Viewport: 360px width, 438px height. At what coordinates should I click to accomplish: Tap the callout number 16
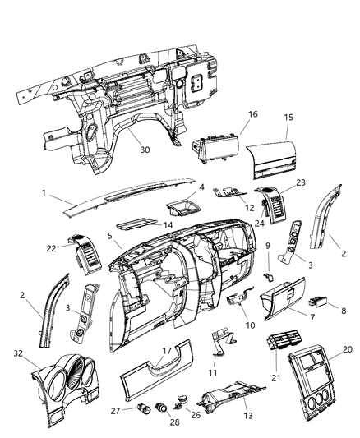pyautogui.click(x=253, y=115)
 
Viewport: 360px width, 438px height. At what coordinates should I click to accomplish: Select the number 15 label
pyautogui.click(x=287, y=117)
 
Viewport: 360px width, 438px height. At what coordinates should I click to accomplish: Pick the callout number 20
pyautogui.click(x=346, y=349)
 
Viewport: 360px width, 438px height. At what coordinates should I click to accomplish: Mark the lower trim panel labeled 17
pyautogui.click(x=156, y=373)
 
